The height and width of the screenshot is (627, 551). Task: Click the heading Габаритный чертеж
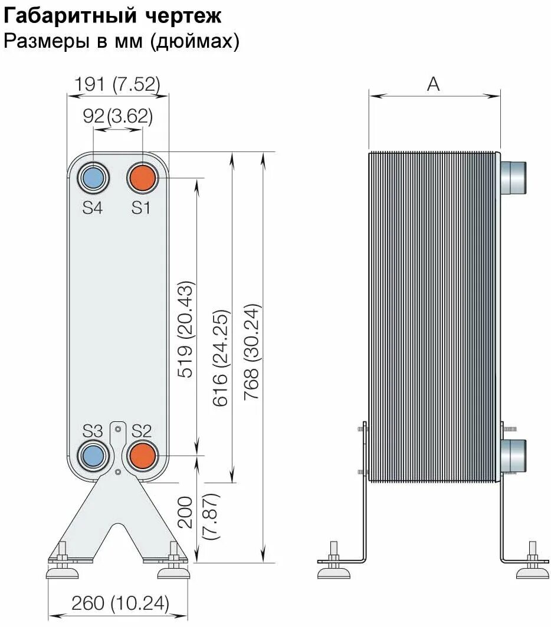(113, 16)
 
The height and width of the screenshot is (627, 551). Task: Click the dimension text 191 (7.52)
(116, 85)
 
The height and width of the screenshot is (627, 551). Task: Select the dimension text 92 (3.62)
(118, 116)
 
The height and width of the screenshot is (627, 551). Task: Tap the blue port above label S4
(93, 177)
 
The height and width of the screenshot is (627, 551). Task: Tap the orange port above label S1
(142, 177)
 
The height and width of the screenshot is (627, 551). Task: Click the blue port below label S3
(93, 455)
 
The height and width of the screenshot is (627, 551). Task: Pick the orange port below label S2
(142, 455)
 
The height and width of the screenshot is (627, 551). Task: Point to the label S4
(92, 207)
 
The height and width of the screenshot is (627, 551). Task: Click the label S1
(141, 207)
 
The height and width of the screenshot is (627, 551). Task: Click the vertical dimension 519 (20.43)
(186, 330)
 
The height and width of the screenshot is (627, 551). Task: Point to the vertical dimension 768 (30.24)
(252, 352)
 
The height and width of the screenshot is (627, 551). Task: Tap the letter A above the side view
(434, 84)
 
